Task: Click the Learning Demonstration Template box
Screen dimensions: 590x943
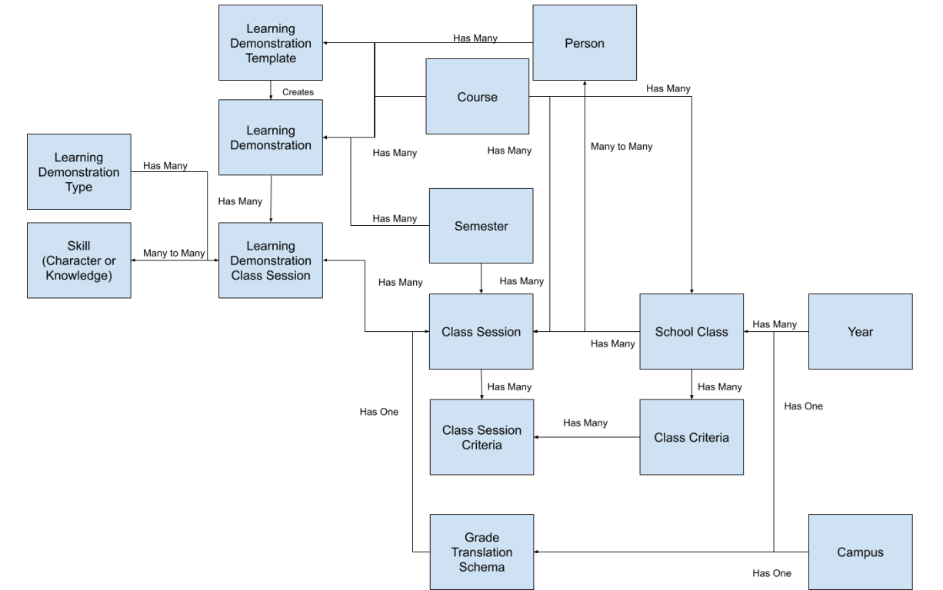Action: pos(270,43)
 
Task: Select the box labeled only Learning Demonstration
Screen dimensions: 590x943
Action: pos(270,138)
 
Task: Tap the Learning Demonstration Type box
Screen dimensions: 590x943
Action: pos(78,172)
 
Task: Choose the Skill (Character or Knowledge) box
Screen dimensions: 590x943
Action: pos(78,260)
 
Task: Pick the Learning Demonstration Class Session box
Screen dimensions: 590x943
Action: pos(270,260)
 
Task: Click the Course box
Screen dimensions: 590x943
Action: pos(477,97)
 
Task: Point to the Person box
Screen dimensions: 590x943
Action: pos(585,43)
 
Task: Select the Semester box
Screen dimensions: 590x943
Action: pos(481,226)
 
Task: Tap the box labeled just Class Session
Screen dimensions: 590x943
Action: pos(481,332)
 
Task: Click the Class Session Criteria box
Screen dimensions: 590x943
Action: pos(481,437)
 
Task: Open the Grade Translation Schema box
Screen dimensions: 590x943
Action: pos(481,552)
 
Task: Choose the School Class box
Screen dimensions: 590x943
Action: pos(691,332)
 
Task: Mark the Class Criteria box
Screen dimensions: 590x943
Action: pos(691,437)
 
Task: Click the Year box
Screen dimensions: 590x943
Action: pos(860,332)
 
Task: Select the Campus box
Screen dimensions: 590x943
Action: pos(860,552)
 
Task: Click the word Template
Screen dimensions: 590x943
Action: pos(271,58)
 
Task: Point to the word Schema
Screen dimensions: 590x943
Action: pos(481,567)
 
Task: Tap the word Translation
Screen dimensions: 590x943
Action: pos(481,552)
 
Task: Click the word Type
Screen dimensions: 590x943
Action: pos(78,187)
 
